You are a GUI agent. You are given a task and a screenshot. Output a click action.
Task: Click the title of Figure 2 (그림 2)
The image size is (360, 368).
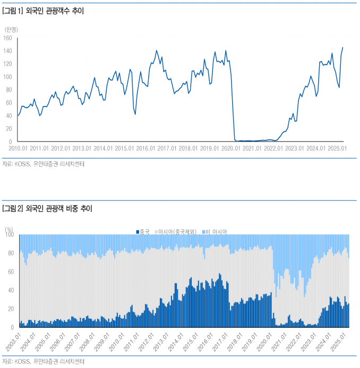pyautogui.click(x=47, y=209)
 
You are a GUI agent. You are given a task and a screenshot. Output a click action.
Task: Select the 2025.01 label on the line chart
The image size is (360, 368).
pyautogui.click(x=336, y=148)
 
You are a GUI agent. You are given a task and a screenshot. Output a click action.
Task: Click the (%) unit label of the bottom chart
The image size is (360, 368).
pyautogui.click(x=8, y=230)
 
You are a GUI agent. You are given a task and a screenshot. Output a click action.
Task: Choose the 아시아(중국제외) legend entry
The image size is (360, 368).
pyautogui.click(x=176, y=232)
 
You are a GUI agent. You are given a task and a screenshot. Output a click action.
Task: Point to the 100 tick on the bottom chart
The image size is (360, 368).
pyautogui.click(x=9, y=235)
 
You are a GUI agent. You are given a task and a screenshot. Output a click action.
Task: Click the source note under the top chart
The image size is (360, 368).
pyautogui.click(x=43, y=164)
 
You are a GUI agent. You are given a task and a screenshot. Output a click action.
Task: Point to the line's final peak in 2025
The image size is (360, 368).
pyautogui.click(x=342, y=48)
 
